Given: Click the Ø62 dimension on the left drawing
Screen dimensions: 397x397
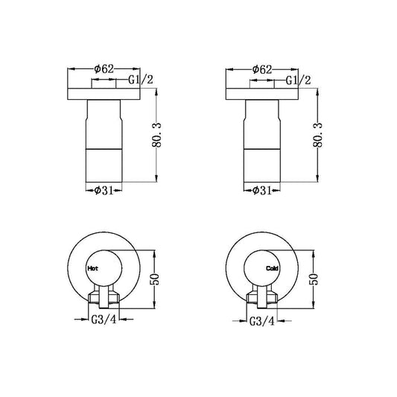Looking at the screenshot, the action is point(104,69).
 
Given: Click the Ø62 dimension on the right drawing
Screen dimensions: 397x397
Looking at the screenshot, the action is point(262,69).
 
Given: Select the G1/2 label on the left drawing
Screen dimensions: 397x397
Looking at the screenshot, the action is point(141,80).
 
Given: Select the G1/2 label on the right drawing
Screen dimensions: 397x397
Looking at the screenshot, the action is point(298,80).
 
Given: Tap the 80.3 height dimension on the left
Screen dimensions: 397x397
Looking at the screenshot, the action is point(156,135).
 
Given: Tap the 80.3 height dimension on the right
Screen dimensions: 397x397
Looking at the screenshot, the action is point(318,135).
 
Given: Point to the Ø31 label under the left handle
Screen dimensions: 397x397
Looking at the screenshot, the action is point(104,191).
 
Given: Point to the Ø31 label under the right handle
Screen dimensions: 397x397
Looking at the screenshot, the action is point(262,191).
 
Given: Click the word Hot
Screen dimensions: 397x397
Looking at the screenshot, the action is point(92,268).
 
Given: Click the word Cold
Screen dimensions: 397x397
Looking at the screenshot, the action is point(272,268).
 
